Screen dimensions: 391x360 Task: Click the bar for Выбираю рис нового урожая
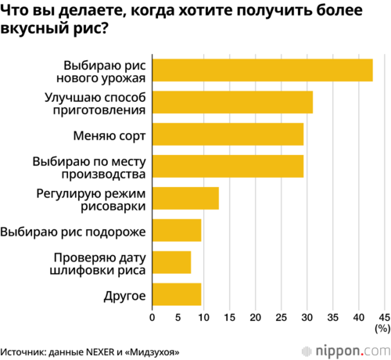click(263, 70)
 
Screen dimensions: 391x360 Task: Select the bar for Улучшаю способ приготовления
click(232, 103)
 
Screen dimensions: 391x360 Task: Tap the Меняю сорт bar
click(228, 134)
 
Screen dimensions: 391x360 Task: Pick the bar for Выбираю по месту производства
click(228, 166)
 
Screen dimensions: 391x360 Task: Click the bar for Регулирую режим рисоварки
click(185, 198)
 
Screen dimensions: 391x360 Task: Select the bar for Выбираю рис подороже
click(177, 230)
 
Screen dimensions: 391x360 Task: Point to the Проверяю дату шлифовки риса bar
click(172, 262)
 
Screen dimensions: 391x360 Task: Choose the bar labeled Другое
click(177, 294)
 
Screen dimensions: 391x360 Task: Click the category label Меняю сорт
click(109, 135)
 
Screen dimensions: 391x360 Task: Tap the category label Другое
click(124, 297)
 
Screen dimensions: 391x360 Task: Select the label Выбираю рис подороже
click(73, 232)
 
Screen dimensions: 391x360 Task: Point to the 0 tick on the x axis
click(152, 317)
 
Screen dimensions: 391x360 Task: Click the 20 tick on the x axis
click(255, 317)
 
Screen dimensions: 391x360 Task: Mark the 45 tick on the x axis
click(385, 317)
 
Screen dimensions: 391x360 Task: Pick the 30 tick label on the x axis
click(307, 317)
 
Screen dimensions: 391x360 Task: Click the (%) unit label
click(382, 329)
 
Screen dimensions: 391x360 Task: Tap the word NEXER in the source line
click(100, 352)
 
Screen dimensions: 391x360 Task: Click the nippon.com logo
click(346, 351)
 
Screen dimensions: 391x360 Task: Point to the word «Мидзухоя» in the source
click(152, 352)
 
